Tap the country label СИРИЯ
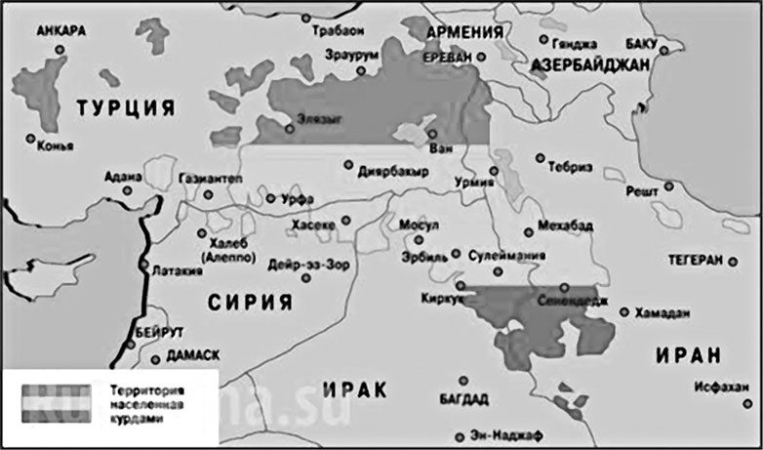click(250, 302)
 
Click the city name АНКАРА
click(60, 30)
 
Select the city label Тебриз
click(571, 166)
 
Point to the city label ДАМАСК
click(193, 354)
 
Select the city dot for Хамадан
click(624, 312)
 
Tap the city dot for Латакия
click(143, 264)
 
